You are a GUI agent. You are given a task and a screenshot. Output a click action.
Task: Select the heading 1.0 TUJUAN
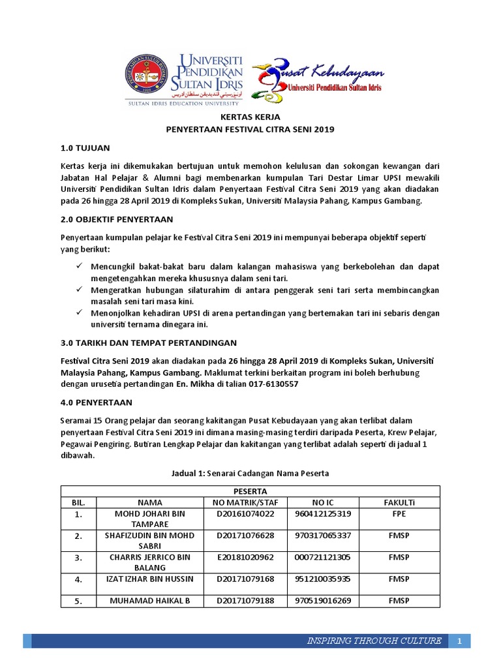[x=85, y=148]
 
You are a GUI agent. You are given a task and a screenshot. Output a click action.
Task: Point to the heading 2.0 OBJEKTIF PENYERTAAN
[x=116, y=219]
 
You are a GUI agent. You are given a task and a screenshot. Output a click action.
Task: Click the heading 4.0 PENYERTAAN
[x=96, y=402]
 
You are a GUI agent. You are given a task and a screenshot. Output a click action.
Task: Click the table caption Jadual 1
[x=250, y=472]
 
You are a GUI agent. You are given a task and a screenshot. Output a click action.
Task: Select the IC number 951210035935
[x=323, y=579]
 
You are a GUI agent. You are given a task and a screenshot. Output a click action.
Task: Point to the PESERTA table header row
[x=250, y=491]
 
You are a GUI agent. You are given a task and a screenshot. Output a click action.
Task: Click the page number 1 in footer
[x=459, y=642]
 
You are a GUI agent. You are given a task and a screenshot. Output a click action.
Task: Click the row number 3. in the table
[x=78, y=558]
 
